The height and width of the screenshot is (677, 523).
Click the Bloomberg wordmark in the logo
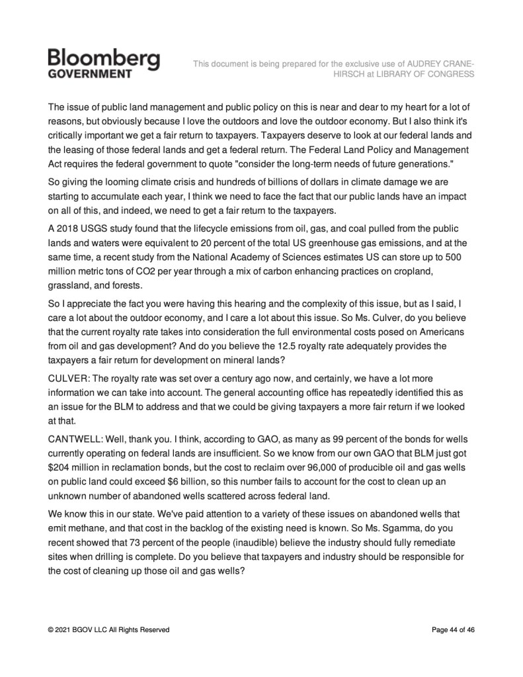point(104,59)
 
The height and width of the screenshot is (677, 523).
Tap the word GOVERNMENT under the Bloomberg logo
point(90,74)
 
